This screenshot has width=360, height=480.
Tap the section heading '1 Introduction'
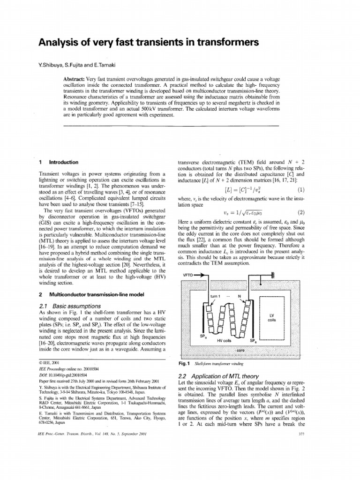pyautogui.click(x=59, y=162)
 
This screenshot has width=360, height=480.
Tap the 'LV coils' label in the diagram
pyautogui.click(x=272, y=317)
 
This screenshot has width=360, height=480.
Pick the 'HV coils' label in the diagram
pyautogui.click(x=224, y=341)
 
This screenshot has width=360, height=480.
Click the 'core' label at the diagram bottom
pyautogui.click(x=240, y=350)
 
